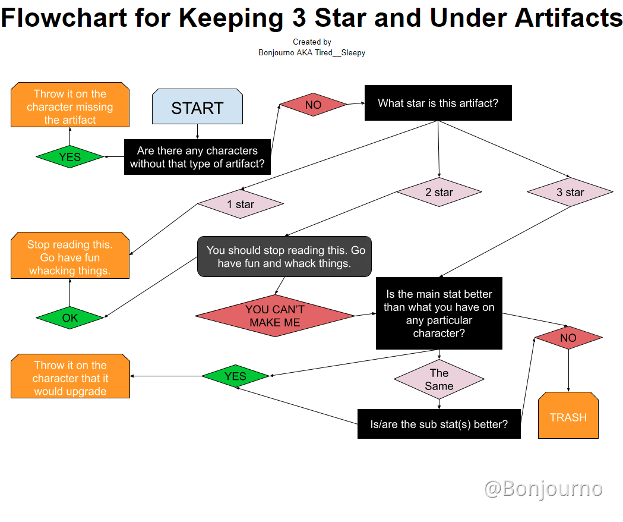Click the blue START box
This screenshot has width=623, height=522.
(x=197, y=107)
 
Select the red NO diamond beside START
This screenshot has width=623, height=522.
(x=313, y=105)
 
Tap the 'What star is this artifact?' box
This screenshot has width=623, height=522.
(x=438, y=103)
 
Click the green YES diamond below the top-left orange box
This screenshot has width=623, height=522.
(x=69, y=157)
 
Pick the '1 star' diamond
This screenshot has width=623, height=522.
(x=241, y=204)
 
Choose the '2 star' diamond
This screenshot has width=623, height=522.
(x=439, y=192)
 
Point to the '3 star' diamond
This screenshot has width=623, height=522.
(x=570, y=192)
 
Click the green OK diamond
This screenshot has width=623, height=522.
(x=69, y=317)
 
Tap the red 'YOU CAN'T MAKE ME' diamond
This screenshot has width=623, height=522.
(x=275, y=316)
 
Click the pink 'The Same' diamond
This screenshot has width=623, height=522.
(x=439, y=379)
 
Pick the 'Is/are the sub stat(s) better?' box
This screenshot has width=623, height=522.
(x=439, y=424)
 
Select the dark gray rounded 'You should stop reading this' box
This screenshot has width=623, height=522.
(x=284, y=257)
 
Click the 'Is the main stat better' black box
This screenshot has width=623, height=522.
(x=439, y=313)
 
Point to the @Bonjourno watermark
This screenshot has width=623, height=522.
(x=543, y=489)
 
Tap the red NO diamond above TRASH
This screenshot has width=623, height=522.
(x=568, y=338)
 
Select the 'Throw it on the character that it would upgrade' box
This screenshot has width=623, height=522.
(x=70, y=377)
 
